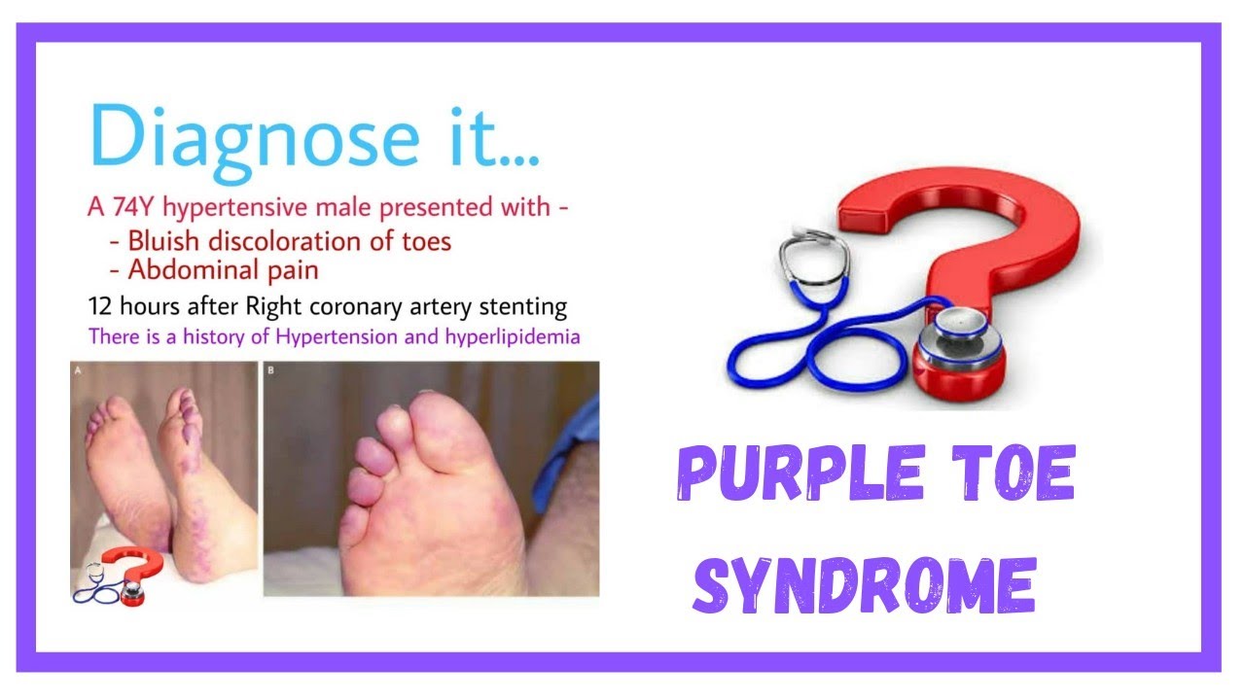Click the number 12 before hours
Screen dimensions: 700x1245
point(99,307)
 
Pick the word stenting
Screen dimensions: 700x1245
point(522,307)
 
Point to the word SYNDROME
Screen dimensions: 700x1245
point(864,583)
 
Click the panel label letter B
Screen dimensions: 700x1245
point(269,370)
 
